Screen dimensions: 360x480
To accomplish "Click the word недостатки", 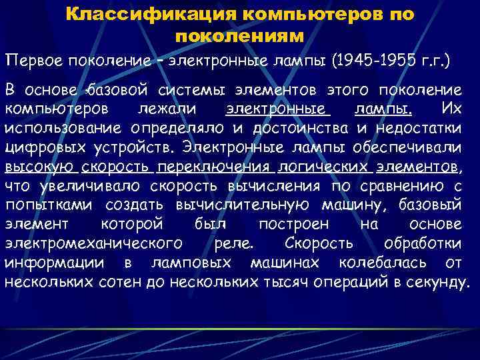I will [419, 127].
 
